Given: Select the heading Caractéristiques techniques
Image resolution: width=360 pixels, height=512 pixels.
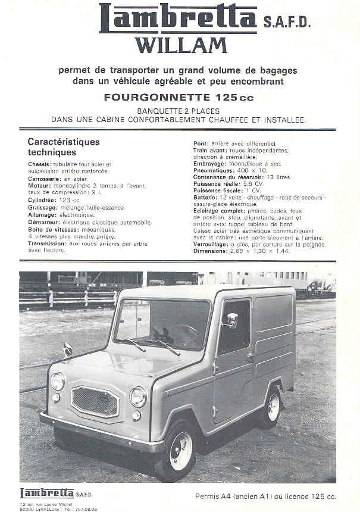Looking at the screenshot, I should [64, 147].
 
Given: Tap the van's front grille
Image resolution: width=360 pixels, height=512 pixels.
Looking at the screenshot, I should [95, 401].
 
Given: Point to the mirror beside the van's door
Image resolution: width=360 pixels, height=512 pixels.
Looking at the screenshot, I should [232, 320].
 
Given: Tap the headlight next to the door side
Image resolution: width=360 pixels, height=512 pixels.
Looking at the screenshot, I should [138, 397].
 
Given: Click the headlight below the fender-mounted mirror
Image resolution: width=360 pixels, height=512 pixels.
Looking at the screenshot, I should [57, 381].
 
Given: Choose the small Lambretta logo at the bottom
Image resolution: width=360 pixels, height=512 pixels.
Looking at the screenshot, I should [47, 493].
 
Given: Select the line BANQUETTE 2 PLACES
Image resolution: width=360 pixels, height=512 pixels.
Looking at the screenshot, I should [178, 111].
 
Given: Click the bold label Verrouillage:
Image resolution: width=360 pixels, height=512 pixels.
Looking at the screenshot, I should [213, 244].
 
